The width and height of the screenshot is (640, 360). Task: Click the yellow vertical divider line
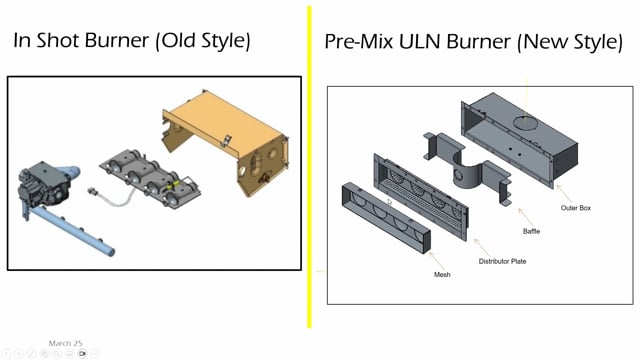click(310, 180)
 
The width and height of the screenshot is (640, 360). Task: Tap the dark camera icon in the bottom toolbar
click(83, 353)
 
